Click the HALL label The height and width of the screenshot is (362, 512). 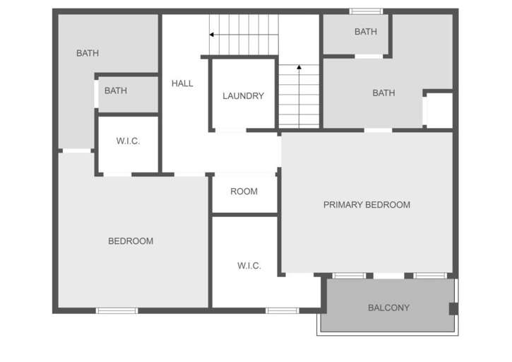pos(182,83)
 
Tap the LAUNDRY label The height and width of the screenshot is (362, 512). pos(243,96)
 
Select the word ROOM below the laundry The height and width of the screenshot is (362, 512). pos(244,192)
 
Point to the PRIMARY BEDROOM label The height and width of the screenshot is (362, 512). pos(367,205)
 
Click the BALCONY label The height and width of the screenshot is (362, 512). pos(388,308)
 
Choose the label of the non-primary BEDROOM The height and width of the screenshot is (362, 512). pos(131,241)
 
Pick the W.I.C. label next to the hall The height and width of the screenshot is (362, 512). pos(128,141)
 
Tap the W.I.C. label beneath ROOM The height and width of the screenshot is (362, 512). pos(249,266)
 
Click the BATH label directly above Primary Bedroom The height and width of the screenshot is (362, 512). pos(383,93)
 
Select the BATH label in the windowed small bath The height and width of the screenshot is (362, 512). pos(366,32)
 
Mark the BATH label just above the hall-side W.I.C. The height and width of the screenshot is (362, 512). pos(116,90)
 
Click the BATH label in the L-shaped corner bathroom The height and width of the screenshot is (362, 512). pos(88,53)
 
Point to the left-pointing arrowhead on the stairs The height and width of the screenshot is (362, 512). pos(212,34)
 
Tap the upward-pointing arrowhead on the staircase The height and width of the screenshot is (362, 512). pos(299,68)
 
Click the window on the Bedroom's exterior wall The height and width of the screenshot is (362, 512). pos(117,310)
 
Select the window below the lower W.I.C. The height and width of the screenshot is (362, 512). pos(282,310)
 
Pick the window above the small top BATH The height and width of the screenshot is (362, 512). pos(366,11)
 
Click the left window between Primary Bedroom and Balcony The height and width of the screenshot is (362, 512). pos(349,275)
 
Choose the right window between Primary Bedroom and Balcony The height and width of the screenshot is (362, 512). pos(430,275)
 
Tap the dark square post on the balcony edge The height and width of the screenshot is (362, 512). pos(453,308)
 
